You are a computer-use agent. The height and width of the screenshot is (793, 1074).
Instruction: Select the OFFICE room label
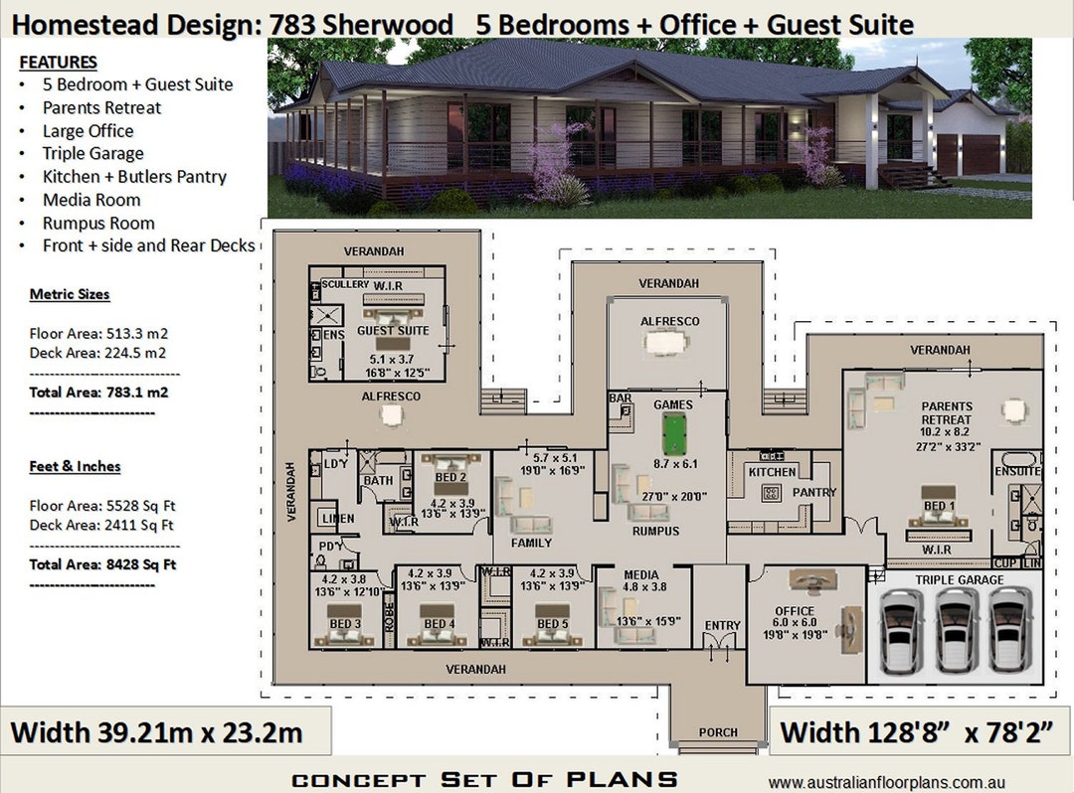point(795,611)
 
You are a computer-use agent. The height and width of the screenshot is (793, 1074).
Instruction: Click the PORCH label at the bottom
point(718,732)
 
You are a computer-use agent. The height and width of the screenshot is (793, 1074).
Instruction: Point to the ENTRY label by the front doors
point(722,625)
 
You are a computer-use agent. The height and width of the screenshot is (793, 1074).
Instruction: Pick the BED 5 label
point(552,623)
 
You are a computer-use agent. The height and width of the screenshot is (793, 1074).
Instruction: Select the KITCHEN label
point(773,472)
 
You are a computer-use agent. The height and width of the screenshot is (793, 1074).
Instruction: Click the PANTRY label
point(814,492)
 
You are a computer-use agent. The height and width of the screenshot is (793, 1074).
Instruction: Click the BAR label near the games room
point(620,398)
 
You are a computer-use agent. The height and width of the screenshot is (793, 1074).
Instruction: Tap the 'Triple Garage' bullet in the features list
point(92,153)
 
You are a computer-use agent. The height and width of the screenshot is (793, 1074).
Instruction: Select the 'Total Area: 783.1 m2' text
point(98,392)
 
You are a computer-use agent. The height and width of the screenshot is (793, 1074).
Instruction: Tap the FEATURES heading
point(58,63)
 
